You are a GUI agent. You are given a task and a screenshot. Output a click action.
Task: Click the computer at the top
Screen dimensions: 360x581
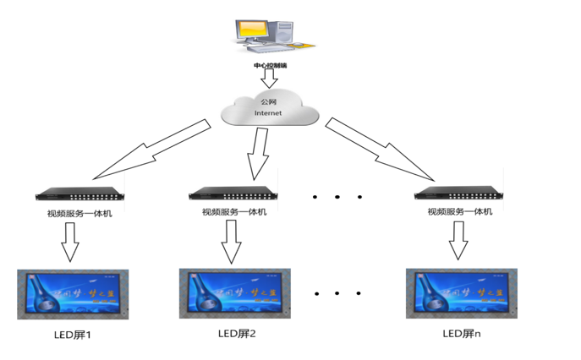click(x=269, y=32)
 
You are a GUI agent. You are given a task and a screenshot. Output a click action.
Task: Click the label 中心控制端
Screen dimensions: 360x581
click(x=270, y=64)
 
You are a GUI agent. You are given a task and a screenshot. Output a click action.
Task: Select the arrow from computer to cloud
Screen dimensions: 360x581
click(x=270, y=79)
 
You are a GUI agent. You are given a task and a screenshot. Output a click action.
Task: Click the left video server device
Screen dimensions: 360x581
click(x=79, y=195)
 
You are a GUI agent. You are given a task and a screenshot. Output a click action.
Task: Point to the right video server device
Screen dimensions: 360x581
click(x=458, y=194)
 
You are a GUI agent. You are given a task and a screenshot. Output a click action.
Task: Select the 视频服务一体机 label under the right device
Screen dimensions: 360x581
click(x=458, y=210)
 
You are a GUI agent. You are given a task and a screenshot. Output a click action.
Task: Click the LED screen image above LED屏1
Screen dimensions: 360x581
click(x=73, y=295)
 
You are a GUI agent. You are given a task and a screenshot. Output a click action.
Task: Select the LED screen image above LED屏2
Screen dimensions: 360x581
click(x=234, y=294)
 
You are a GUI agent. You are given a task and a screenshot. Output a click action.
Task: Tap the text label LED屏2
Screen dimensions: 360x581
click(x=236, y=333)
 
